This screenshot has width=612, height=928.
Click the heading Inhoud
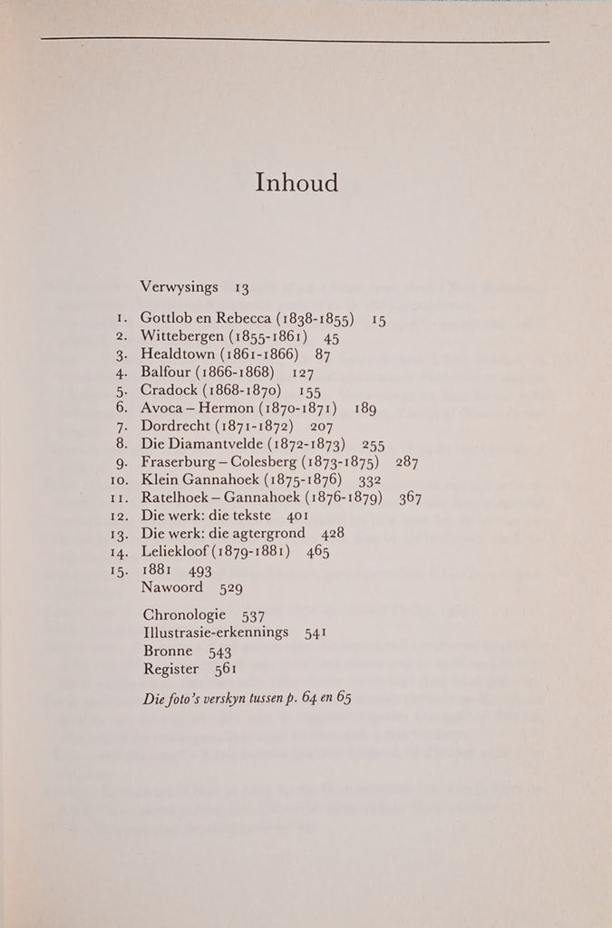296,182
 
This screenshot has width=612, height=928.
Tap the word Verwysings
180,287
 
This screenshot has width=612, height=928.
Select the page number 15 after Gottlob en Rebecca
378,320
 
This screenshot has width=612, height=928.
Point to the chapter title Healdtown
179,354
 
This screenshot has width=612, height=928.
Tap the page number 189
365,409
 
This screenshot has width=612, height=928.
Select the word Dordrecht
177,426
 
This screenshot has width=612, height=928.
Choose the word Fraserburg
180,461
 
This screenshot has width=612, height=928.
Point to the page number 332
370,479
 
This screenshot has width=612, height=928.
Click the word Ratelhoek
177,498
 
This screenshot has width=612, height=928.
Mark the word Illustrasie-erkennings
216,634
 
